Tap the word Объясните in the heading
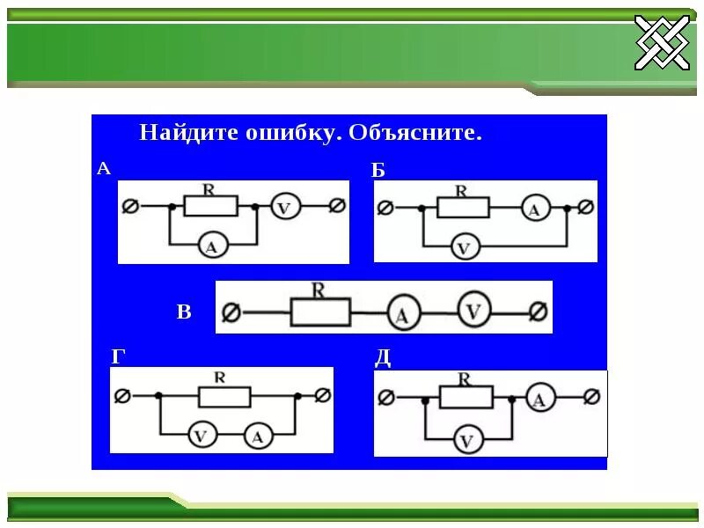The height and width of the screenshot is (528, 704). tap(415, 134)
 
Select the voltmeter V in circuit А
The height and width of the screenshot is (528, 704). tap(284, 207)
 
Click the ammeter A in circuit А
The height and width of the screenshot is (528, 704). tap(210, 246)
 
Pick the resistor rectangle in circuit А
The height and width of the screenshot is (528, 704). tap(210, 206)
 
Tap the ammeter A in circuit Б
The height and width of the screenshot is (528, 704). tap(534, 209)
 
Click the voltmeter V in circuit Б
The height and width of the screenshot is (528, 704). tap(464, 247)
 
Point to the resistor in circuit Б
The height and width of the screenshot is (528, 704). tap(464, 208)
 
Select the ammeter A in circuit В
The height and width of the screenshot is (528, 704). tap(402, 314)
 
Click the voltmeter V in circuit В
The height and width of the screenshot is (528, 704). tap(473, 311)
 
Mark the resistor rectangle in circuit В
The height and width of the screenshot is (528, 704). tap(320, 312)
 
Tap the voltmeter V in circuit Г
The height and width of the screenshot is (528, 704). tap(202, 434)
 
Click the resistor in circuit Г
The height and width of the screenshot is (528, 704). tap(225, 396)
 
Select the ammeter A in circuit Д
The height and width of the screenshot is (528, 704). tap(541, 399)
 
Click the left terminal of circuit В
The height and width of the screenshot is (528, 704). tap(231, 312)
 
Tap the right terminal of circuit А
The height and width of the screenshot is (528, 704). tap(336, 206)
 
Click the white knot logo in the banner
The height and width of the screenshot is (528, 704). tap(662, 42)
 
